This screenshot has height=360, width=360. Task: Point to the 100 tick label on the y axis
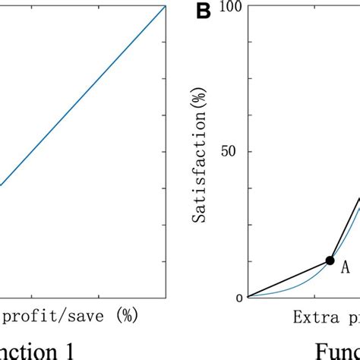coord(231,7)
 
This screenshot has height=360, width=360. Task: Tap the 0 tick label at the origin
coord(238,298)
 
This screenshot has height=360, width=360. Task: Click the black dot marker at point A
coord(330,261)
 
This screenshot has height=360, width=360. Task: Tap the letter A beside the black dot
coord(344,267)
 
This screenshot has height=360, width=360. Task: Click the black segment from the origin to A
coord(289,279)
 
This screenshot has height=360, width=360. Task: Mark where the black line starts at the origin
coord(248,298)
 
